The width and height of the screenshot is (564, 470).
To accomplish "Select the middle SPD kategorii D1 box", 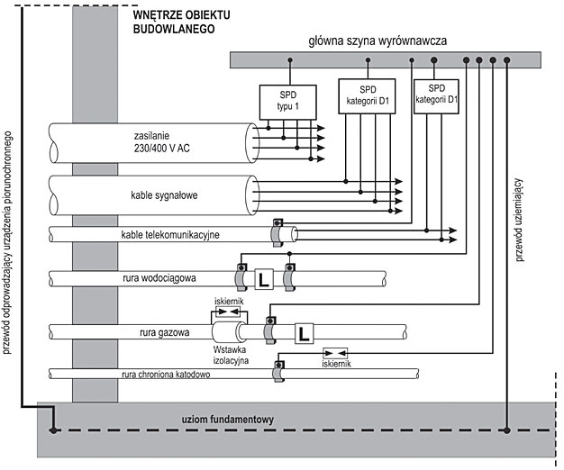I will [x=368, y=97].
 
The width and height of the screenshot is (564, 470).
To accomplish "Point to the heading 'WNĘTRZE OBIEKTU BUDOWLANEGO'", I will [x=180, y=22].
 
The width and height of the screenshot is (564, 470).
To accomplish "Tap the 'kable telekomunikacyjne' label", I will [x=170, y=235].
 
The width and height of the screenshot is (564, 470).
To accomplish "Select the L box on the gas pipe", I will [x=304, y=333].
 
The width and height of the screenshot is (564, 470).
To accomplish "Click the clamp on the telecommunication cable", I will [x=278, y=233].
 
